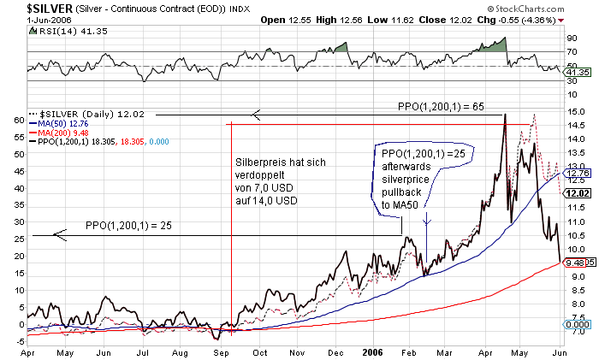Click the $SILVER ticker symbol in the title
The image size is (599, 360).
[28, 8]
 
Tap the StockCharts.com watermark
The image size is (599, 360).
[555, 8]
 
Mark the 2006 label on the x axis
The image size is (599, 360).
[371, 351]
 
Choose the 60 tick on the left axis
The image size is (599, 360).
[19, 121]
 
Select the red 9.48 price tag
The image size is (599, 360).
[576, 263]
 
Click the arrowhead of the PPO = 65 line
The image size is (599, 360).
[254, 115]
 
